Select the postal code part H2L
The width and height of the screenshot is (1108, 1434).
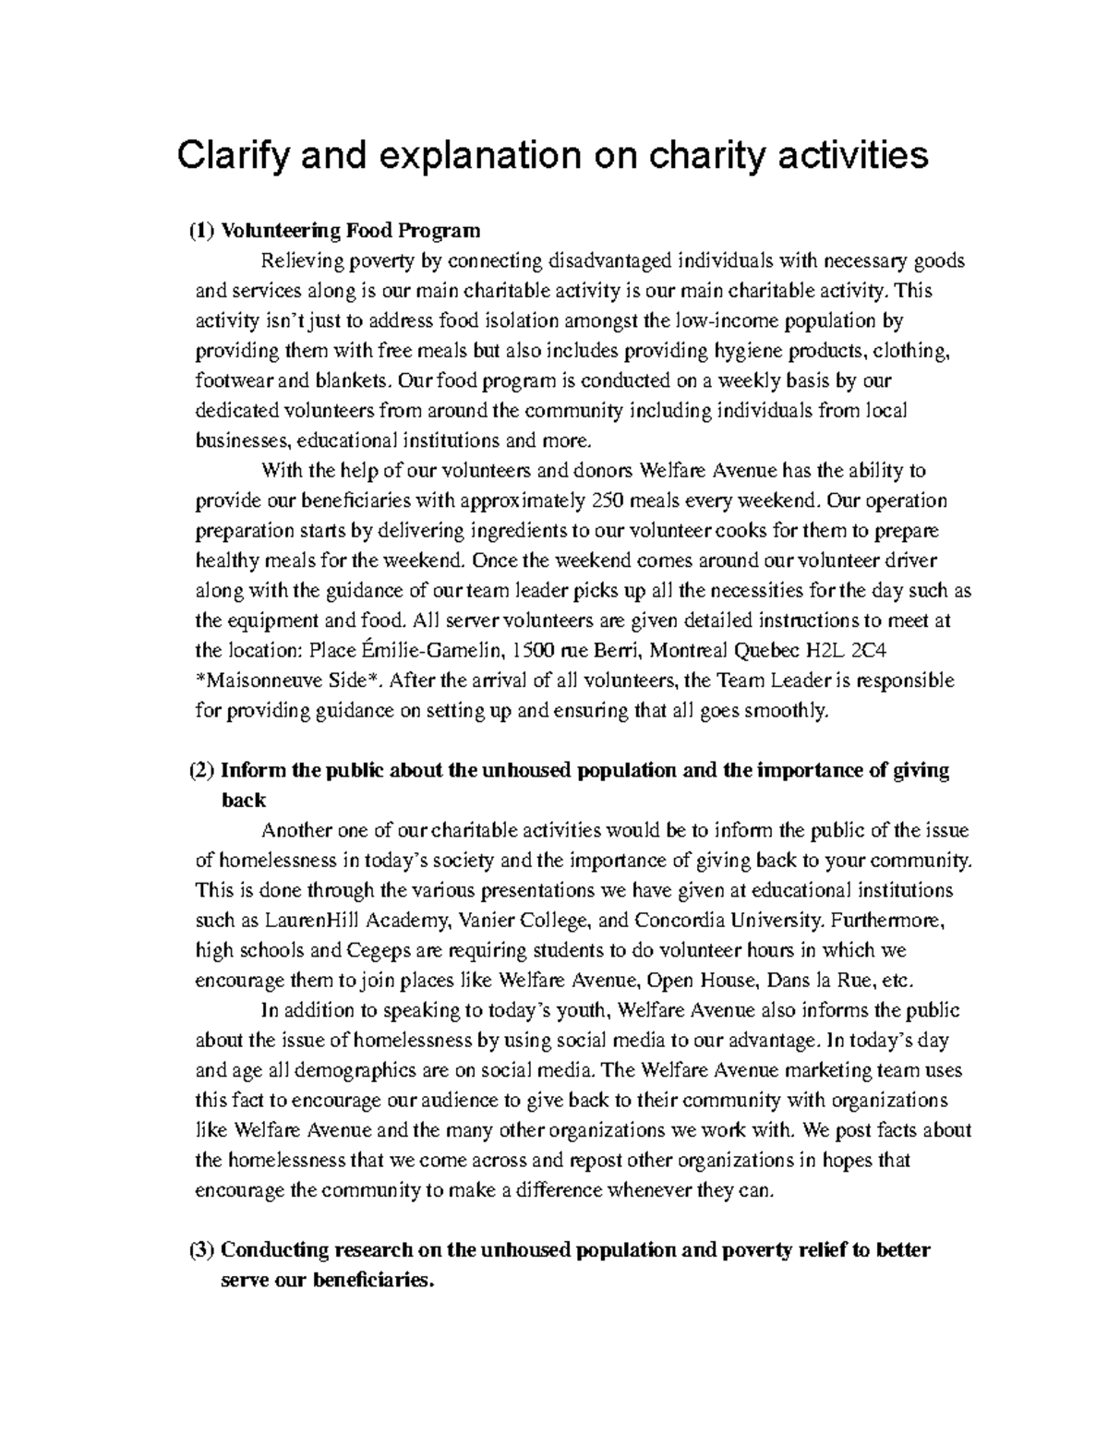814,651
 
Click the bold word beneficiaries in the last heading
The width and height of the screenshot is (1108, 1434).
373,1281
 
